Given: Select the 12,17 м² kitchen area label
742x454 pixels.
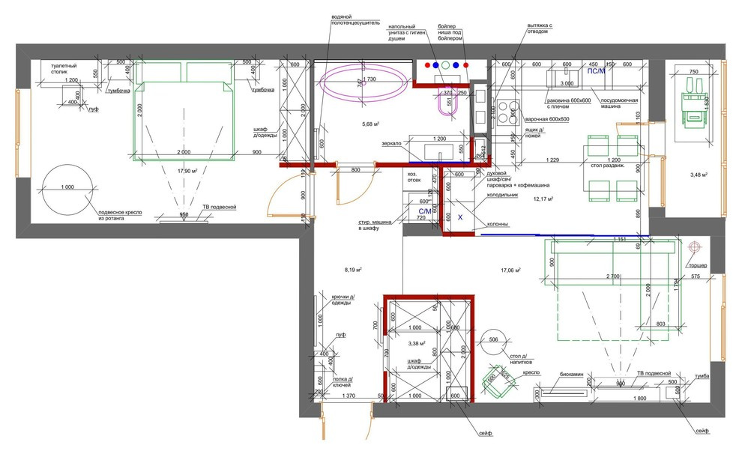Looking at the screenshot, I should tap(543, 199).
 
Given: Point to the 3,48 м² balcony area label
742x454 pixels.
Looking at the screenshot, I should tap(698, 175).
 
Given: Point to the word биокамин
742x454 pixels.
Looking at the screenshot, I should tap(572, 373).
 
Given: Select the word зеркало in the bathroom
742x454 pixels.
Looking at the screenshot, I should tap(392, 143).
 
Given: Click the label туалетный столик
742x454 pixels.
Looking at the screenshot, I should tap(66, 69).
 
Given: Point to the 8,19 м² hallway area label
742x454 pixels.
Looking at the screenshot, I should tap(353, 269).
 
